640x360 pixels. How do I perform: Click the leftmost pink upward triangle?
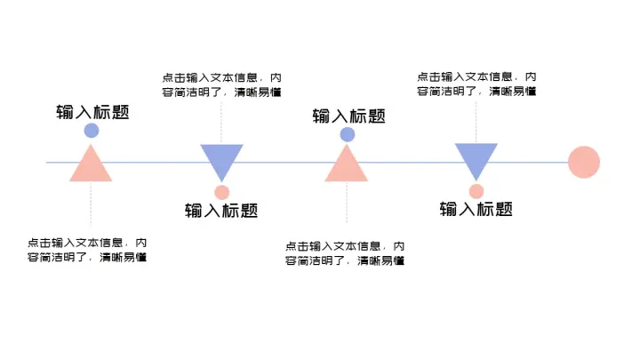click(91, 166)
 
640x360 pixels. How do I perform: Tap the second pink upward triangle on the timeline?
click(346, 166)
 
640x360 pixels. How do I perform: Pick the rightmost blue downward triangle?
click(476, 159)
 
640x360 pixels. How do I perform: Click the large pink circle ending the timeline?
click(584, 163)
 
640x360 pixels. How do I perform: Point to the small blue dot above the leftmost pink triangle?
click(91, 131)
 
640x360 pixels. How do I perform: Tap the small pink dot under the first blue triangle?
click(222, 192)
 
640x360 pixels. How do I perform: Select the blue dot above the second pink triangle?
click(348, 134)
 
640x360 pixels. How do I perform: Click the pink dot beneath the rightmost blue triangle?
click(476, 191)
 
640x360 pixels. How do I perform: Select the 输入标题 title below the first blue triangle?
click(221, 211)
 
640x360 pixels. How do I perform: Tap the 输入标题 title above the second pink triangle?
click(349, 116)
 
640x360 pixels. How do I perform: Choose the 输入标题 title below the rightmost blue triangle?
click(476, 210)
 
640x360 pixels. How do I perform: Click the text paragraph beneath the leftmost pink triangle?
click(87, 250)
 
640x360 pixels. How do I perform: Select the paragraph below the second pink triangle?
click(345, 253)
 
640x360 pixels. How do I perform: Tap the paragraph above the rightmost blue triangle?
click(476, 84)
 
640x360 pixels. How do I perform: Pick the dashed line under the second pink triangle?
click(347, 209)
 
